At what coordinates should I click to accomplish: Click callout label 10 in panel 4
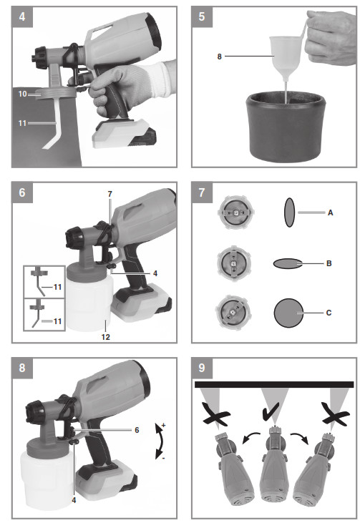pos(22,94)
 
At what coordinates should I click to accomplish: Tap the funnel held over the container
pos(285,57)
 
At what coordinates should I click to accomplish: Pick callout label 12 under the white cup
pos(104,336)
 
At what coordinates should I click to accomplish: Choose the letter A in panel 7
pos(330,212)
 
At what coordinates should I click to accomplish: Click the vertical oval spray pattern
pos(289,212)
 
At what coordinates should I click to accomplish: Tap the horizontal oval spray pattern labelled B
pos(289,263)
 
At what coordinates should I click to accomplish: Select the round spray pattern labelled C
pos(290,313)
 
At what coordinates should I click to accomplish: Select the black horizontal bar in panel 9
pos(274,384)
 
